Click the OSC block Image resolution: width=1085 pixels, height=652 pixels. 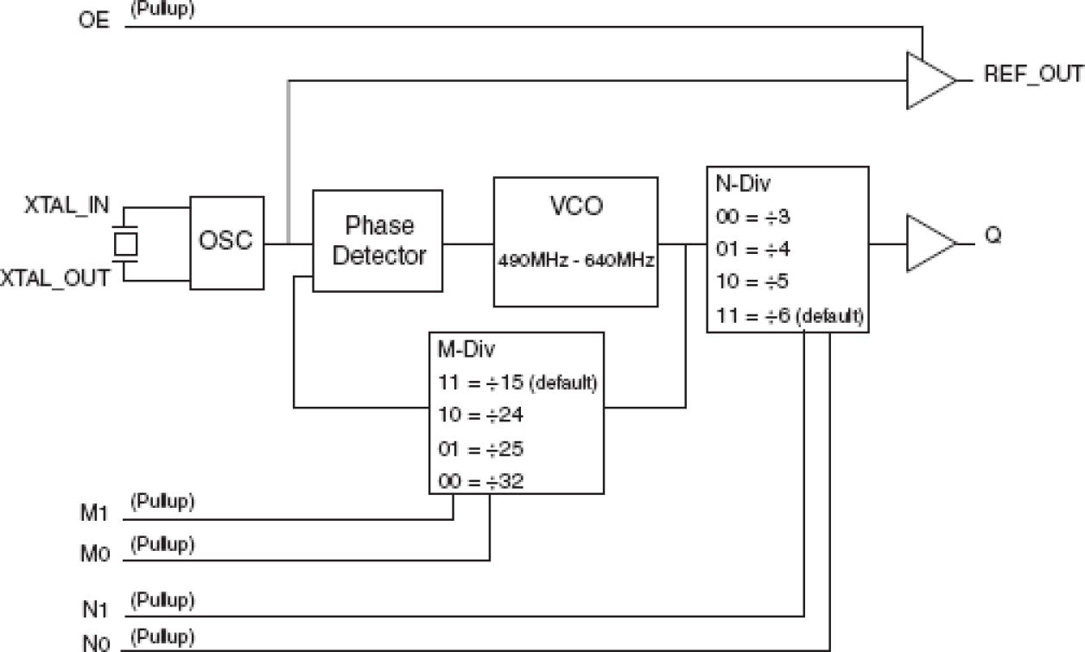click(226, 241)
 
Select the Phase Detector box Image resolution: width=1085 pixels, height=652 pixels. click(378, 240)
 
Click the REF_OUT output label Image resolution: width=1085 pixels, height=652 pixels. click(1032, 75)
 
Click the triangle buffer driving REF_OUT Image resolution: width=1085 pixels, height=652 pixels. click(929, 80)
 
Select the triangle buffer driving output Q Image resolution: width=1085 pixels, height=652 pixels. click(929, 244)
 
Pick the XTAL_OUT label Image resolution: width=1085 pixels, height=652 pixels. click(55, 278)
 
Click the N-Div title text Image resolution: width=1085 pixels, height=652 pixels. click(739, 185)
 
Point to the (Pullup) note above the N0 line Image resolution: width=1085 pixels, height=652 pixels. click(162, 638)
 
